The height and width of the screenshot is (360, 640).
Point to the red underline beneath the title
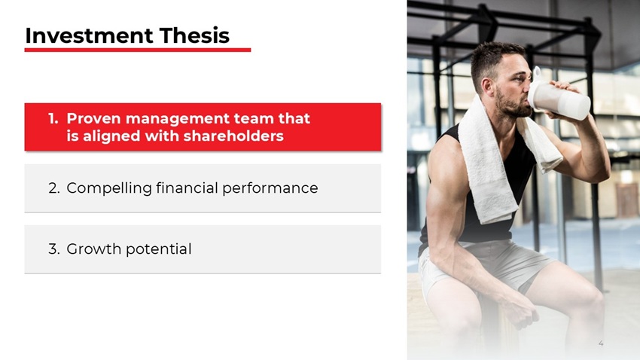[x=137, y=50]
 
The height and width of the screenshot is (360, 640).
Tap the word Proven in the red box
[x=93, y=119]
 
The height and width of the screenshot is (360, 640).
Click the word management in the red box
[x=178, y=119]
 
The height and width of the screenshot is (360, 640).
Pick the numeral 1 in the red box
[x=52, y=119]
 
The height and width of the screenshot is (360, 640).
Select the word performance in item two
[x=270, y=188]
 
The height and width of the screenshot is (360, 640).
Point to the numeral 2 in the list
[x=53, y=188]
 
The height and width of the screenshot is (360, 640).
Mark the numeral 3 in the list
[x=53, y=249]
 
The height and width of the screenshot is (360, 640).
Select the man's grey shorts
[x=489, y=264]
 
